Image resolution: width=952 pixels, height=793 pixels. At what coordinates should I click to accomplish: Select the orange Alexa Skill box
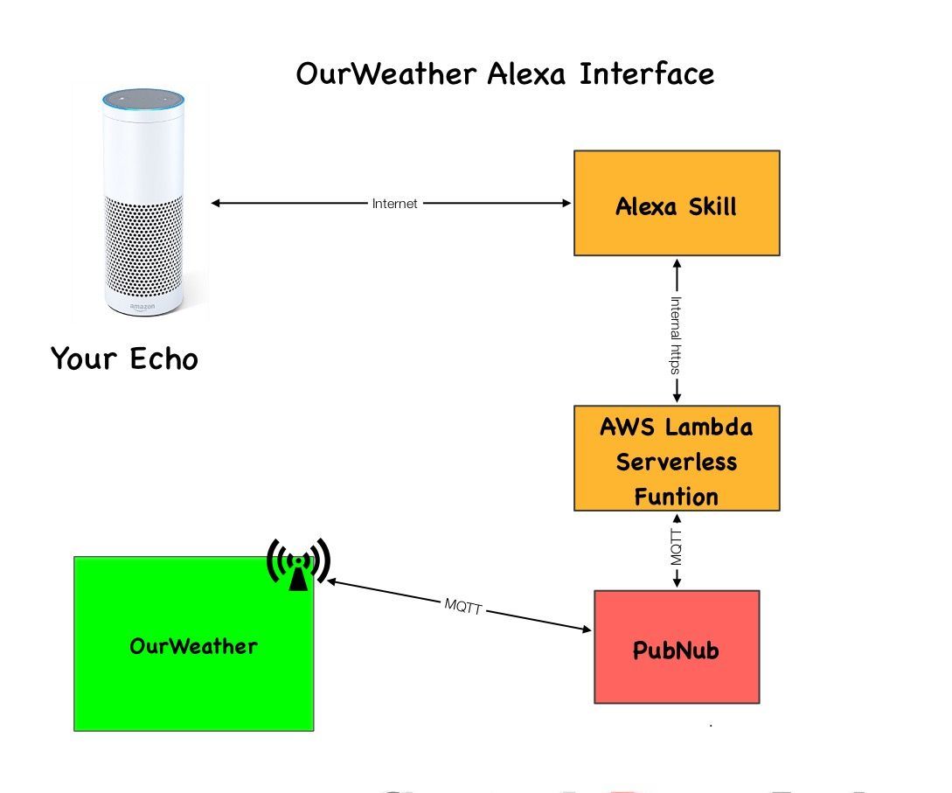[676, 203]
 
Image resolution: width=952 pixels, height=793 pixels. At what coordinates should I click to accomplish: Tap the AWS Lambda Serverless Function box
[676, 458]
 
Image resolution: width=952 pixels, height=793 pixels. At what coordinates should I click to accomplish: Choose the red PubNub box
[676, 647]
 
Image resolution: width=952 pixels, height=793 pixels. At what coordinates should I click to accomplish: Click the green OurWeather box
[193, 664]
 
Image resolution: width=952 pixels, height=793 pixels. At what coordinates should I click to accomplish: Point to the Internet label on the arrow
[395, 204]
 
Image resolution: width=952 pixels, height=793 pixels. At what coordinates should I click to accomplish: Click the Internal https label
[676, 334]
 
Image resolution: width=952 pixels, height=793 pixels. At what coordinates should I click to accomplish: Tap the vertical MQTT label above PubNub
[676, 546]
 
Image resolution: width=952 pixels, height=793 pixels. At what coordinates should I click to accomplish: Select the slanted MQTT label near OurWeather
[462, 606]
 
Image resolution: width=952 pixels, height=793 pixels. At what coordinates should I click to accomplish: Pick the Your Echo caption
[124, 358]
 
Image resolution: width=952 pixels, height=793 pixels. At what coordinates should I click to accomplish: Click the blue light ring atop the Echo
[143, 97]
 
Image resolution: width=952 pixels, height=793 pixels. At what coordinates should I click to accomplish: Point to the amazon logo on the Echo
[143, 306]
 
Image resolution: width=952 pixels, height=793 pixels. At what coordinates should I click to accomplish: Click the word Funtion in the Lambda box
[676, 497]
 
